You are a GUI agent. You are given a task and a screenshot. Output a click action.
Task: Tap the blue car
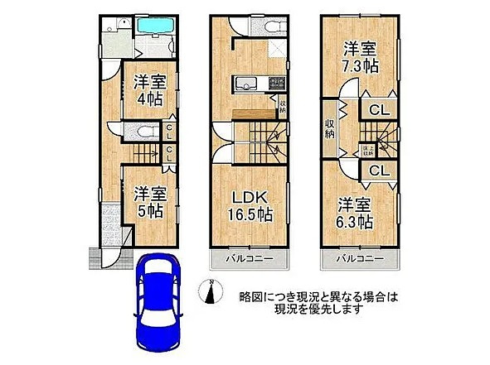(x=155, y=301)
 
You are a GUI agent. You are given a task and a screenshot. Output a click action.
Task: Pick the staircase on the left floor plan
(x=141, y=153)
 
